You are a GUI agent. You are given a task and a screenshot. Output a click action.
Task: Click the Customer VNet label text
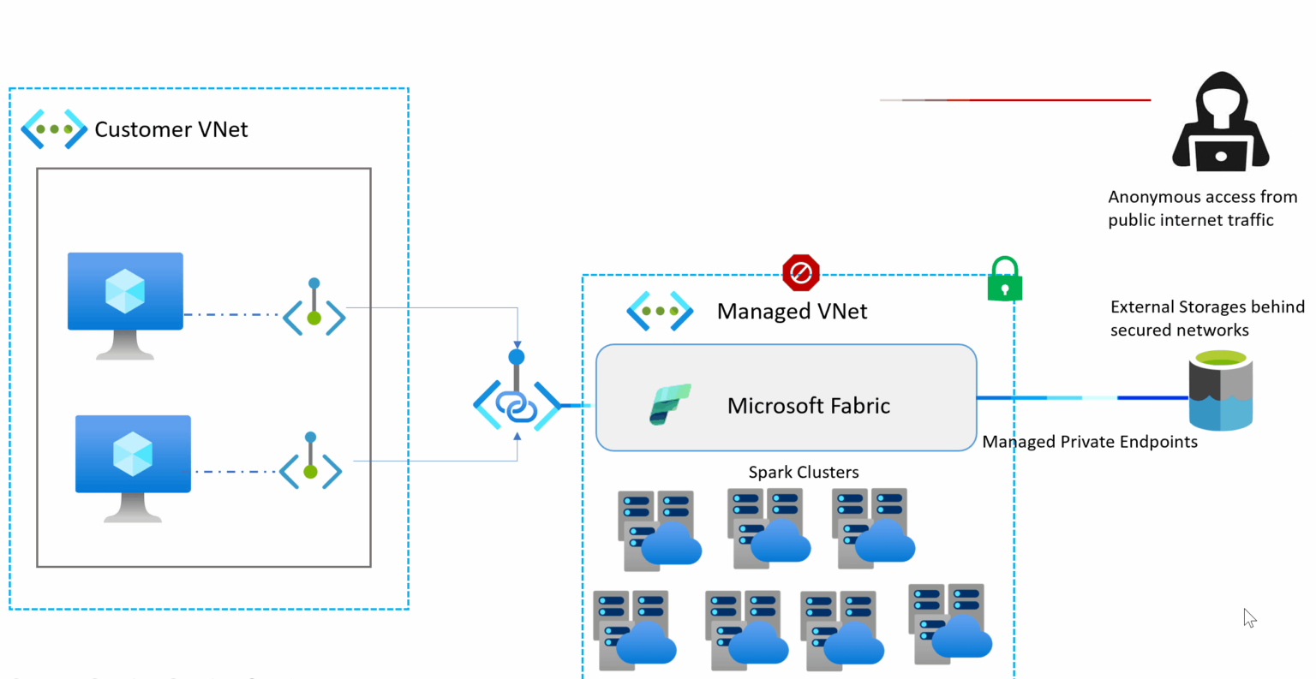coord(170,129)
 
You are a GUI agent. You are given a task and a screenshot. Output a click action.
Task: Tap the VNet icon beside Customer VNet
coord(54,129)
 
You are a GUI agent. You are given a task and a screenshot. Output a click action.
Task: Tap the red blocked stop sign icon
coord(801,272)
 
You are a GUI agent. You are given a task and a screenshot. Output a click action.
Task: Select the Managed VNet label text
coord(792,312)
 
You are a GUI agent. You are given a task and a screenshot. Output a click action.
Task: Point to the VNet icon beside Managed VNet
coord(660,311)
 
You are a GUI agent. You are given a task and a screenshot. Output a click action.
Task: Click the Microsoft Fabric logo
coord(669,404)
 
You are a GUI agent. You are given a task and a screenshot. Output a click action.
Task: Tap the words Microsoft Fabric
coord(808,406)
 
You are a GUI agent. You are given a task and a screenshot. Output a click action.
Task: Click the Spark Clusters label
coord(803,472)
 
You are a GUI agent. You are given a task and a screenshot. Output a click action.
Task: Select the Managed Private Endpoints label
coord(1089,442)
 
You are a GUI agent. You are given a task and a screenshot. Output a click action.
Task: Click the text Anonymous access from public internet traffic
coord(1201,208)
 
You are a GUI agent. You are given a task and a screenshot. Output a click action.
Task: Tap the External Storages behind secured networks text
coord(1206,319)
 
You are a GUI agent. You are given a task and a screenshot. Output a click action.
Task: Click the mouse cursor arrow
coord(1249,618)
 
